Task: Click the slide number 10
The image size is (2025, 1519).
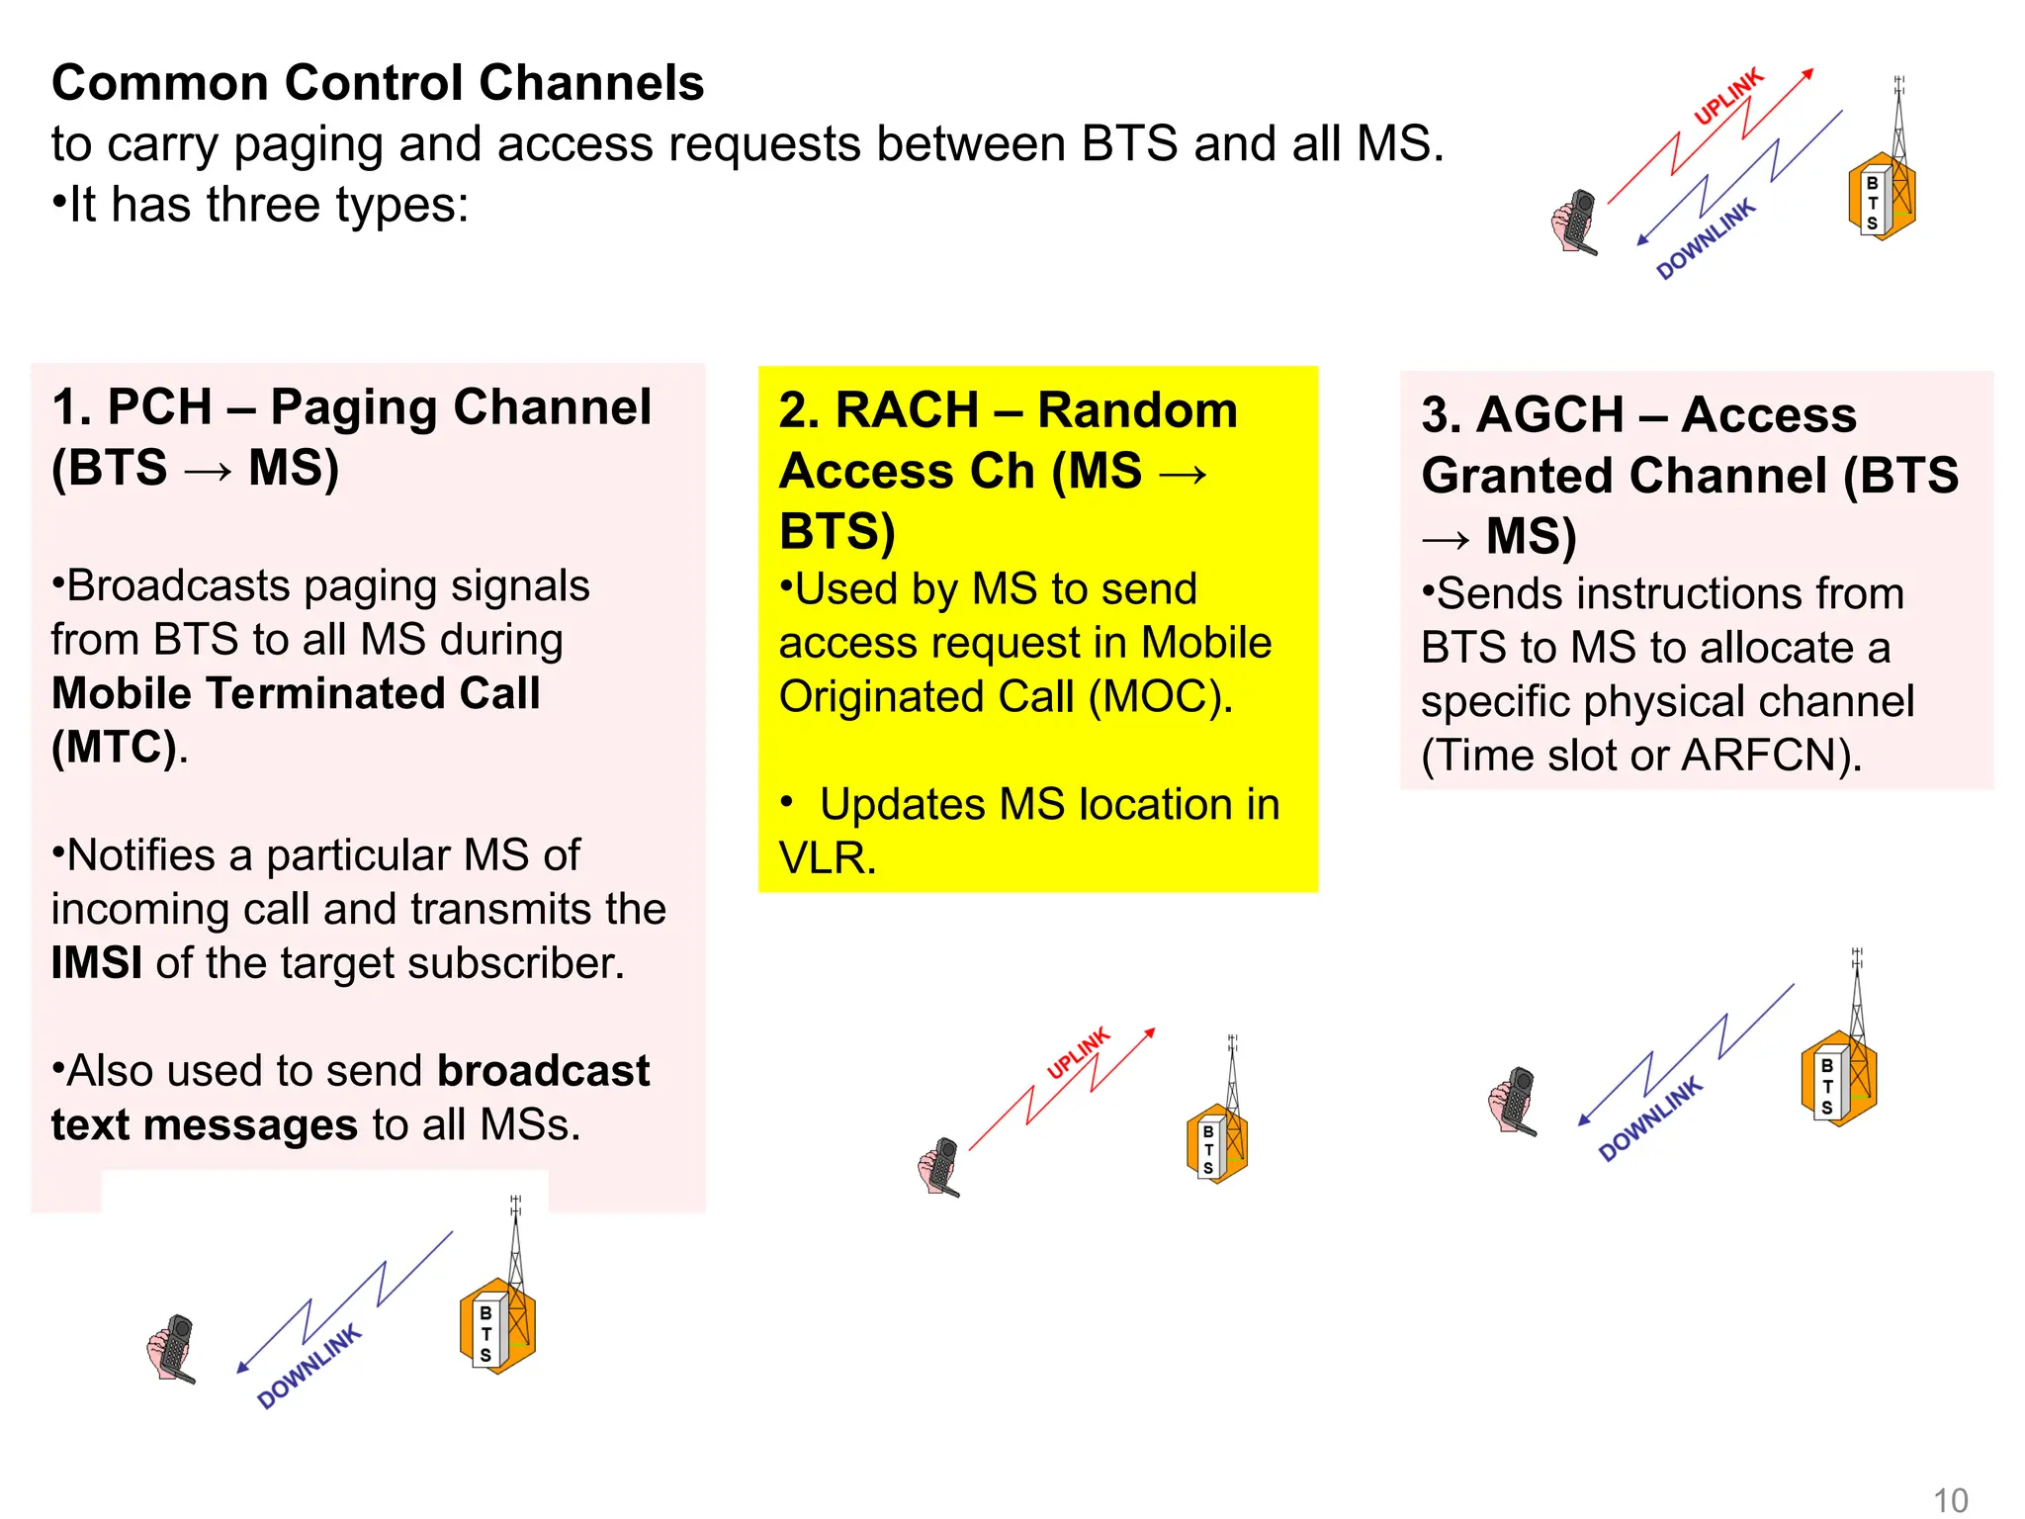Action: point(1950,1500)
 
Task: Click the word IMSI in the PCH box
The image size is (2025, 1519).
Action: point(96,963)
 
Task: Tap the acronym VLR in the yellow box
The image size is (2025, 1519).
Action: point(827,858)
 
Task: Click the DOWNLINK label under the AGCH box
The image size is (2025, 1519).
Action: point(1650,1118)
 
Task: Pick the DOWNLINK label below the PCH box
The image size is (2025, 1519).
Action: point(308,1368)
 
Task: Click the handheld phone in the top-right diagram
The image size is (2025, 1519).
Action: point(1574,222)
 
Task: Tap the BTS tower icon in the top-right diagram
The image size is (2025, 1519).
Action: point(1883,188)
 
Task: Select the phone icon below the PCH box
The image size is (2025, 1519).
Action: point(172,1348)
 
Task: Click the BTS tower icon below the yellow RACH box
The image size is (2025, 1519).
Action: point(1217,1132)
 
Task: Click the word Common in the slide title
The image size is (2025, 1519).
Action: point(159,83)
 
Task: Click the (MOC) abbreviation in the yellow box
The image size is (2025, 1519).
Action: point(1159,696)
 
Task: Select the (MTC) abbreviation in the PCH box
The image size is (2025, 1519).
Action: point(115,748)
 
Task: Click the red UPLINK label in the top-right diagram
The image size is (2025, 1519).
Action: point(1727,96)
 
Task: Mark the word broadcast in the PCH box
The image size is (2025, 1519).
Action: point(543,1071)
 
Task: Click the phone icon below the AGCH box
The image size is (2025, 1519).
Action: point(1513,1101)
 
